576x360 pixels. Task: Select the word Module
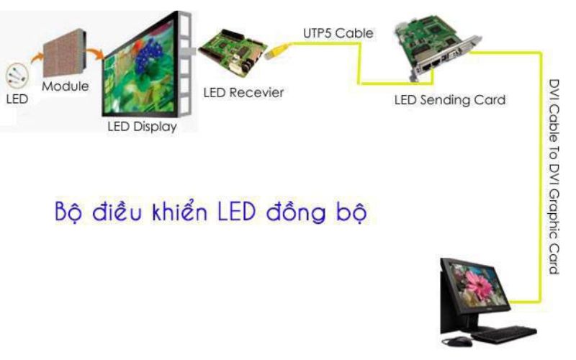[65, 86]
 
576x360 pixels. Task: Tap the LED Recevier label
[243, 91]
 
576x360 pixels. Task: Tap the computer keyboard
[503, 333]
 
